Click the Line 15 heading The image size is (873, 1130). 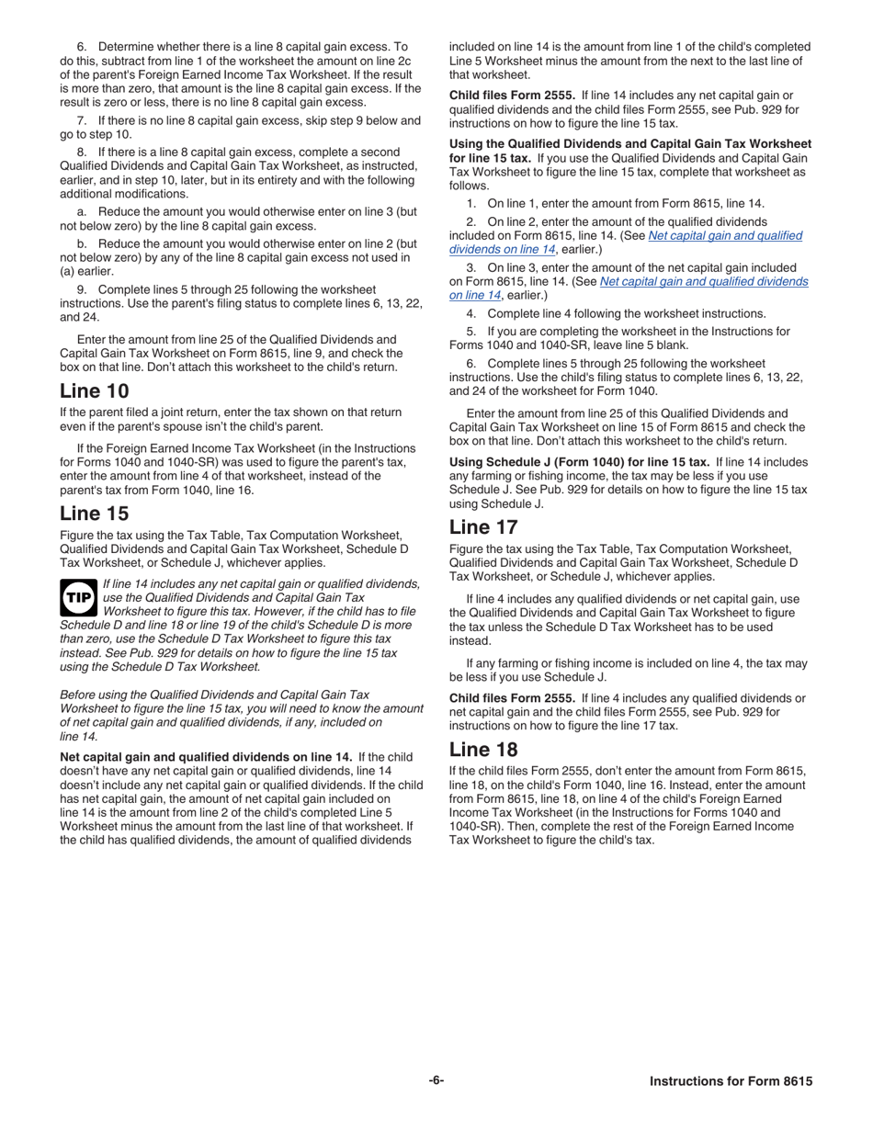95,514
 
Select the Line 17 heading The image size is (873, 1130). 483,527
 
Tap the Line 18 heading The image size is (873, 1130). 483,750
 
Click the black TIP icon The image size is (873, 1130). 78,597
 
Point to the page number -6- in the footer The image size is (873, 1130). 436,1080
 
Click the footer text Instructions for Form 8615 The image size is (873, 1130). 731,1081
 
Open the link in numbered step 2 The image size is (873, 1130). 625,243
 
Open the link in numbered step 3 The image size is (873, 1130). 629,288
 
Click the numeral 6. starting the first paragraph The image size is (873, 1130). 82,47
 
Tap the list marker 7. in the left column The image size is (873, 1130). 82,120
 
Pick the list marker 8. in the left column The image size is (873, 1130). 82,153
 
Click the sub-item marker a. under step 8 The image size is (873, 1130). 83,212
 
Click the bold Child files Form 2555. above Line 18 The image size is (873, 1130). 512,698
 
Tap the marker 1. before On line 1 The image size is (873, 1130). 471,204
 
